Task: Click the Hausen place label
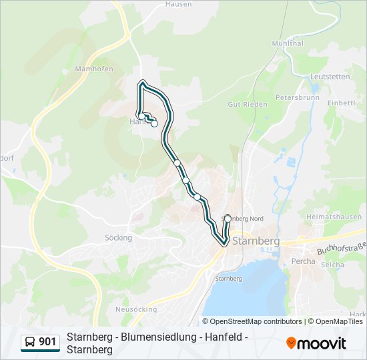(x=179, y=4)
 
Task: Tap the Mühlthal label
(x=288, y=43)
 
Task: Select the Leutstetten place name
(x=330, y=77)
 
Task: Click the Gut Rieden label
(x=248, y=105)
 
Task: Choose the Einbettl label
(x=342, y=103)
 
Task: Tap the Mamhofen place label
(x=94, y=69)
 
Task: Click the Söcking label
(x=118, y=237)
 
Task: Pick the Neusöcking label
(x=136, y=309)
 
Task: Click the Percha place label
(x=304, y=261)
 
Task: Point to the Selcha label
(x=332, y=265)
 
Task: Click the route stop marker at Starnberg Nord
(x=228, y=219)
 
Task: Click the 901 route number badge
(x=47, y=342)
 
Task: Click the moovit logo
(x=316, y=343)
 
